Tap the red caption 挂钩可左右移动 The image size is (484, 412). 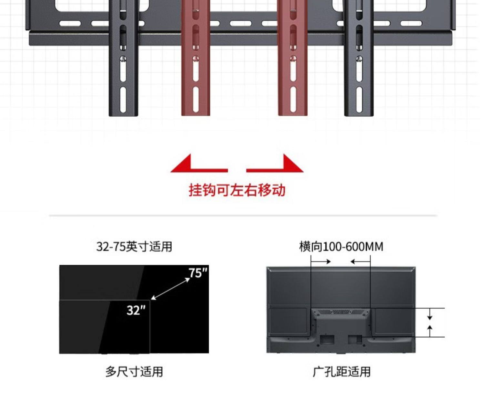[237, 190]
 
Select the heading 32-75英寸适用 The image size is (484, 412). [134, 247]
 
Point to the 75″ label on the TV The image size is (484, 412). [198, 273]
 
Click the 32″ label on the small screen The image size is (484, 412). [136, 310]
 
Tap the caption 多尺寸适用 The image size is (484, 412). [134, 372]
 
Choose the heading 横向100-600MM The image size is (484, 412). [341, 247]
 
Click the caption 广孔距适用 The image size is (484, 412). [341, 372]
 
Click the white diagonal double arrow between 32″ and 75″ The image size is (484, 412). [170, 289]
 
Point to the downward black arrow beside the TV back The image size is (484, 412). [430, 314]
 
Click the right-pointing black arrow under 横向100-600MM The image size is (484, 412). [323, 261]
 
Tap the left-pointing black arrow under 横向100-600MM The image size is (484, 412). [359, 261]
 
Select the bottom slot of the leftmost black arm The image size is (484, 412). [123, 99]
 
